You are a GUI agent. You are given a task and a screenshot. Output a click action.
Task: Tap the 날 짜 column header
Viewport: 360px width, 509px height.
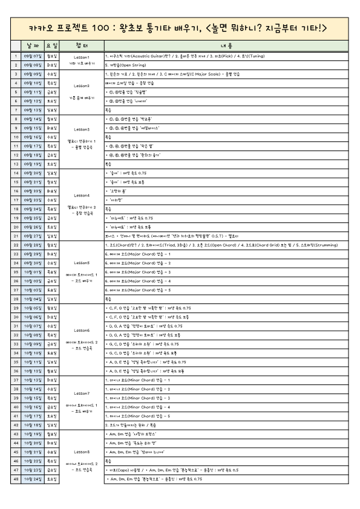(x=32, y=45)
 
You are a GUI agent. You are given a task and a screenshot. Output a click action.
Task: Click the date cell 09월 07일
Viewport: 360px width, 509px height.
(x=32, y=55)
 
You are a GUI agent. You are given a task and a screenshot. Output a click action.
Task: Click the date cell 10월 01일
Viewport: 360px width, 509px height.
(x=32, y=272)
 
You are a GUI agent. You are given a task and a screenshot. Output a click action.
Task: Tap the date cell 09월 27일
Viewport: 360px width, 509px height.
(x=32, y=236)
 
